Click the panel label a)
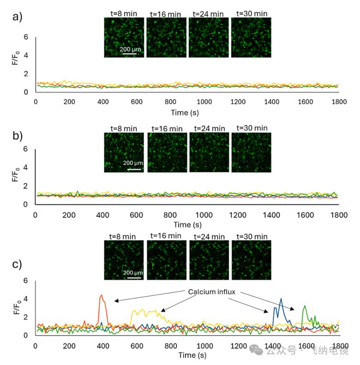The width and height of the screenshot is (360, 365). [x=17, y=17]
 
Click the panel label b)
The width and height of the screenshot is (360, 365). [x=18, y=136]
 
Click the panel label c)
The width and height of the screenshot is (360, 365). [x=17, y=264]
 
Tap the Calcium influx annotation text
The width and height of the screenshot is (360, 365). [x=212, y=292]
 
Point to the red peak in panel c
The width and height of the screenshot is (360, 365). [x=101, y=295]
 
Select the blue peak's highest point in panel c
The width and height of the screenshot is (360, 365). [x=281, y=298]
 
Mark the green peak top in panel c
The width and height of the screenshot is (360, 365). [x=305, y=306]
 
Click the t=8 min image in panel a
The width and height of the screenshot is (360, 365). [x=124, y=37]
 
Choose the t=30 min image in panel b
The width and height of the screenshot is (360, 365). [x=252, y=152]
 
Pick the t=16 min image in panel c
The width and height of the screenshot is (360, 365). [x=167, y=260]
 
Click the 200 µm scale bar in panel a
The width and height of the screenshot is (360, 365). [x=130, y=54]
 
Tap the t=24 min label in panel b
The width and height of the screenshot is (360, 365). [x=210, y=128]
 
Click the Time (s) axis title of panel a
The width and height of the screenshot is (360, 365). [x=185, y=113]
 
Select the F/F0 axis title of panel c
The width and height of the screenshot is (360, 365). [x=17, y=307]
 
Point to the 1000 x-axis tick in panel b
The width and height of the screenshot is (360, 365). [x=204, y=215]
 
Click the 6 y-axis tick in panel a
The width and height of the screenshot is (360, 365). [x=26, y=37]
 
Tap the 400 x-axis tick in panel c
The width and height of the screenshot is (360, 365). [x=103, y=346]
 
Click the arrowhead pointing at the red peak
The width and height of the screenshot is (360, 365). [x=116, y=301]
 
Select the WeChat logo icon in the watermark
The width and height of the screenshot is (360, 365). [x=256, y=350]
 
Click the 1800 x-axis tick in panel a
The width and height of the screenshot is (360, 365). [x=339, y=102]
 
